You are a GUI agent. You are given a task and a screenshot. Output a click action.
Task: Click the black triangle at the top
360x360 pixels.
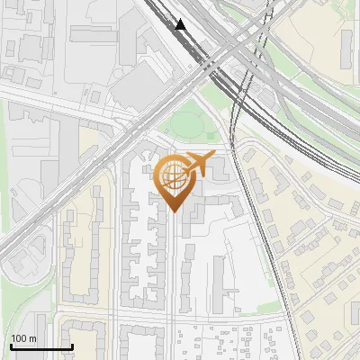click(x=181, y=24)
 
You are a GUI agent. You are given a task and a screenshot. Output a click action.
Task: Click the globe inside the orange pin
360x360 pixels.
click(x=173, y=176)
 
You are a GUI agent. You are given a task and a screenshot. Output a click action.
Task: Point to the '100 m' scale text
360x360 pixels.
click(x=24, y=338)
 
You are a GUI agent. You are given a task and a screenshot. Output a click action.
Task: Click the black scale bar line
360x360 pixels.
click(x=40, y=346)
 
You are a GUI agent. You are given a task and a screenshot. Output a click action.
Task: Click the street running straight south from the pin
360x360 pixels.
click(x=172, y=270)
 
